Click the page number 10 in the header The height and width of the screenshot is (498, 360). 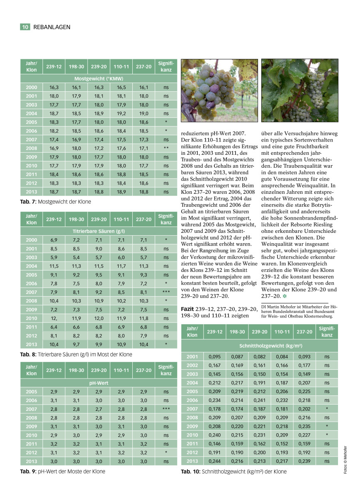pos(25,27)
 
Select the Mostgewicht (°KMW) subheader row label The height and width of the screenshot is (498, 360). pos(99,78)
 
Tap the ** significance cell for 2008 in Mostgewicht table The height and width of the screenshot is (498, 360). pos(165,148)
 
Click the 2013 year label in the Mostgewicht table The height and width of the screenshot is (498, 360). pos(32,192)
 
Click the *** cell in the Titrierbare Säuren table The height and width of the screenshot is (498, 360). pos(165,292)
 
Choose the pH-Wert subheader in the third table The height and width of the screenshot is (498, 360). pos(99,383)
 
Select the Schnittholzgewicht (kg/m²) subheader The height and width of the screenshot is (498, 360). pos(259,345)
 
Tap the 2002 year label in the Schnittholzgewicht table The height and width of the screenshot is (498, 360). pos(192,365)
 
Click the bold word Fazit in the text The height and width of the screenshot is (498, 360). pos(188,309)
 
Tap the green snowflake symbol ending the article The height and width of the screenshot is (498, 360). pos(284,297)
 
